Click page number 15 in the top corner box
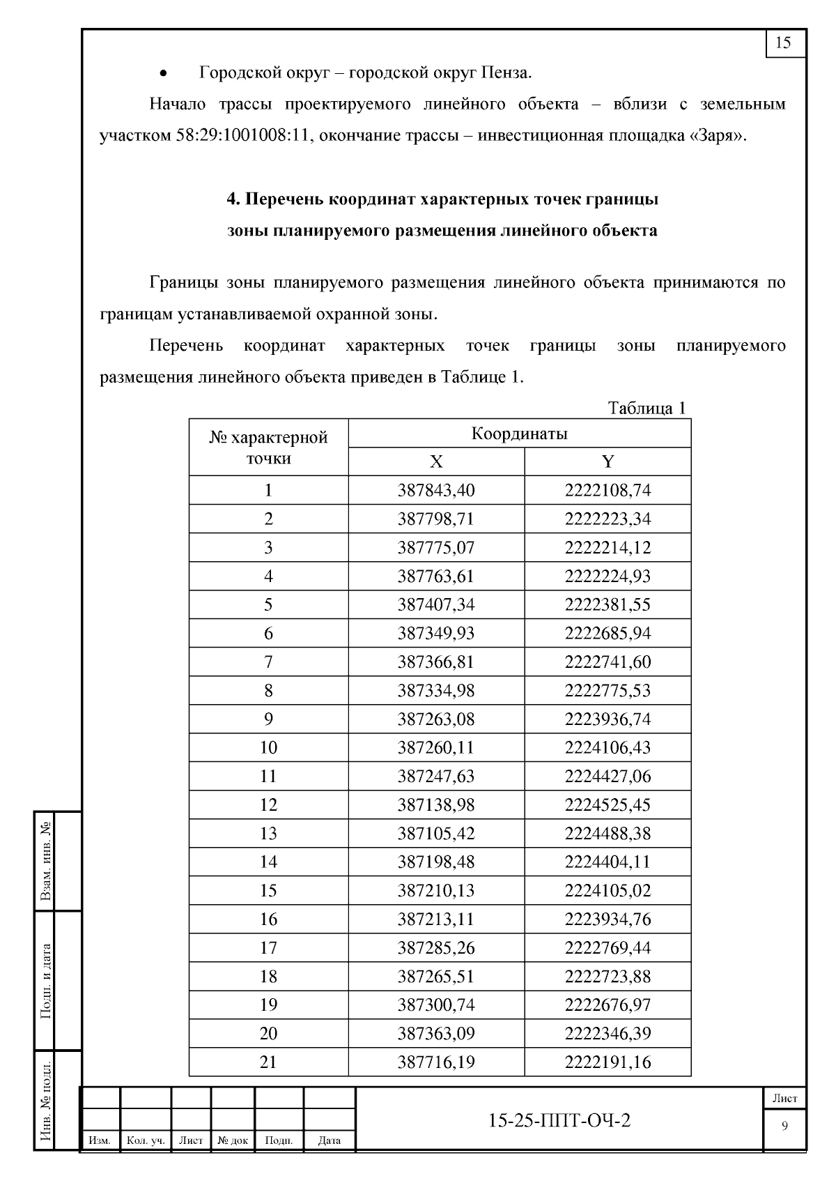pyautogui.click(x=784, y=43)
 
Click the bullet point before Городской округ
pyautogui.click(x=164, y=73)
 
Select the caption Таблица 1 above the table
pyautogui.click(x=647, y=408)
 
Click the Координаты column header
pyautogui.click(x=519, y=434)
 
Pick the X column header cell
pyautogui.click(x=436, y=462)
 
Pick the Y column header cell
pyautogui.click(x=607, y=462)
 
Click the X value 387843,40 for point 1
pyautogui.click(x=436, y=491)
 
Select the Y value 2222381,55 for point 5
pyautogui.click(x=607, y=605)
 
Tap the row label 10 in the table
pyautogui.click(x=268, y=748)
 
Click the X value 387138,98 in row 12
pyautogui.click(x=436, y=805)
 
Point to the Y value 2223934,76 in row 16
pyautogui.click(x=607, y=919)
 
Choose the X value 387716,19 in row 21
pyautogui.click(x=436, y=1062)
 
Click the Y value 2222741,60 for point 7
pyautogui.click(x=607, y=662)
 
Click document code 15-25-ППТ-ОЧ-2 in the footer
pyautogui.click(x=559, y=1120)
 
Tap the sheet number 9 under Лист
pyautogui.click(x=785, y=1127)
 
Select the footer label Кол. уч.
pyautogui.click(x=146, y=1141)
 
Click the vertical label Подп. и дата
pyautogui.click(x=47, y=981)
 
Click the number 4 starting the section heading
pyautogui.click(x=233, y=199)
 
